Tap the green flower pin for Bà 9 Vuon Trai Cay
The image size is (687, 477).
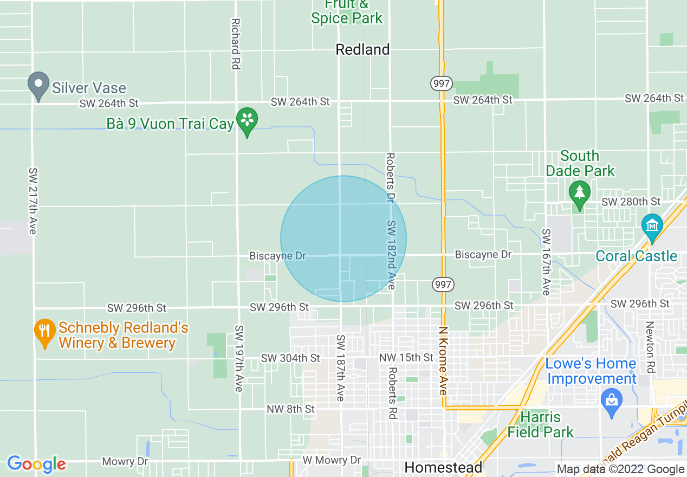(x=248, y=121)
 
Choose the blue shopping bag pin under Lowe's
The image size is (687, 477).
(x=612, y=402)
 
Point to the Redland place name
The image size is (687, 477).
(x=362, y=49)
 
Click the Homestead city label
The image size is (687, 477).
(x=443, y=467)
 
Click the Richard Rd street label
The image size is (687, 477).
(x=235, y=44)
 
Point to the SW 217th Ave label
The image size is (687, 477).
(x=33, y=201)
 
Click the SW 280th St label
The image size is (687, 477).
(x=631, y=202)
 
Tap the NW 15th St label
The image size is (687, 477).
(x=406, y=357)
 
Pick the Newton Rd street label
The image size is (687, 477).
(x=650, y=347)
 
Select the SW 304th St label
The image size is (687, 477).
(x=290, y=358)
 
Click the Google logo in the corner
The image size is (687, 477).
(x=36, y=464)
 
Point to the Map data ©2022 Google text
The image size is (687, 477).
(x=620, y=469)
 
